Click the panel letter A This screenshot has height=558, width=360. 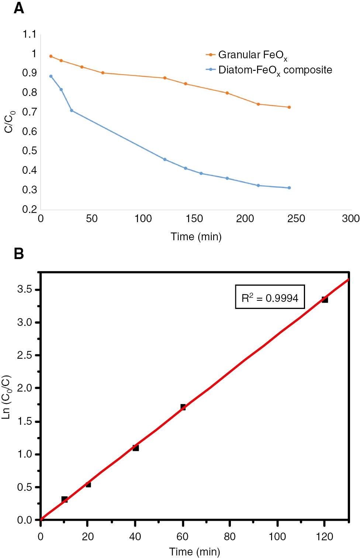(19, 8)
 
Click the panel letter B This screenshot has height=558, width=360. (19, 254)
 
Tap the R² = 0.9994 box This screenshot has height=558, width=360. (270, 297)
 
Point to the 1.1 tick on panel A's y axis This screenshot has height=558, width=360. (30, 34)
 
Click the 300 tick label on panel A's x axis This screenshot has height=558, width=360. (350, 218)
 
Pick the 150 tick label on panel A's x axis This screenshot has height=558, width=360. (194, 218)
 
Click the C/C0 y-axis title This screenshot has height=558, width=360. (9, 121)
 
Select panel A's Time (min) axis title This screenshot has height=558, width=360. (196, 237)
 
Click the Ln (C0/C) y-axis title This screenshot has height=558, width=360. (7, 397)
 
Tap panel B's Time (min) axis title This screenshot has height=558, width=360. (194, 552)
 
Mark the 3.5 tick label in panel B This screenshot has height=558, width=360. (25, 289)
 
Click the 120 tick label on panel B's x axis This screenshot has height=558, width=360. (324, 537)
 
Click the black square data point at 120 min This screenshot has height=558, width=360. (325, 299)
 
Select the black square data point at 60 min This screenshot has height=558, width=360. (183, 407)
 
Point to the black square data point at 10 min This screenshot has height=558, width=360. (64, 499)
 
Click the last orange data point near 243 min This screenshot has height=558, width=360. (289, 107)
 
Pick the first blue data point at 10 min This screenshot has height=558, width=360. (51, 76)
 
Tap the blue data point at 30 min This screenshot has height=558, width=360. (72, 111)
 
